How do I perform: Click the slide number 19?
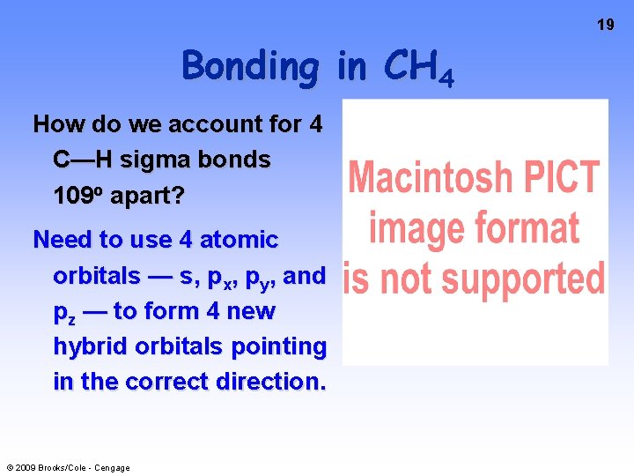pos(606,25)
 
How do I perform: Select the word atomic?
pos(239,240)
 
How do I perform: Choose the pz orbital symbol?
pos(64,313)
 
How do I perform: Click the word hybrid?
pos(91,346)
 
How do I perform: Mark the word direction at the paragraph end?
pos(273,382)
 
